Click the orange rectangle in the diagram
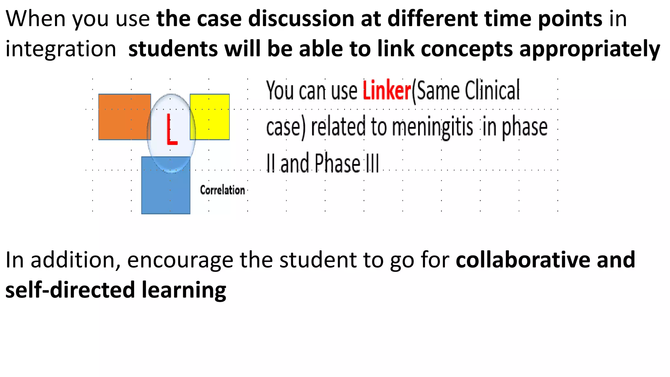123,117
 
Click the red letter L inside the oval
171,130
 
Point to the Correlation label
222,190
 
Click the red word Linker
386,91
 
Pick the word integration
61,49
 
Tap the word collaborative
523,260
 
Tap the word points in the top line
570,18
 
